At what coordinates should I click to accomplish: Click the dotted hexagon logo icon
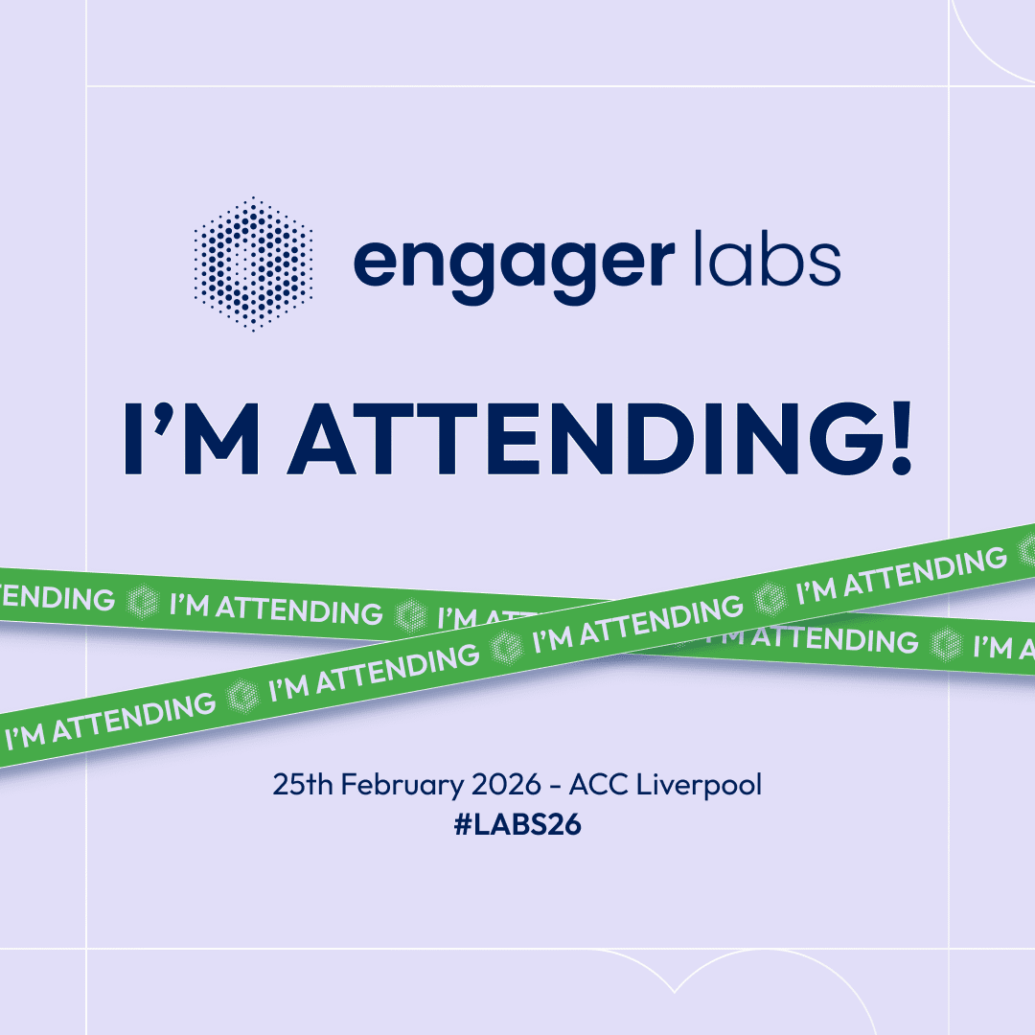253,264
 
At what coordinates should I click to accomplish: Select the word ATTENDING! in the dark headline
599,438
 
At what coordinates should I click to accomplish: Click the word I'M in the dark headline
192,438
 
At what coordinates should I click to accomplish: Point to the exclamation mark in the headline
901,438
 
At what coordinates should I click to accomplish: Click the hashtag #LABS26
517,824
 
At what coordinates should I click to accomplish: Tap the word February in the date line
402,786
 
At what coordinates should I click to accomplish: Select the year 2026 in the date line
506,785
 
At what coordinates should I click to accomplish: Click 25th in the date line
303,784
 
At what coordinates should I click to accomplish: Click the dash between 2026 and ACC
555,786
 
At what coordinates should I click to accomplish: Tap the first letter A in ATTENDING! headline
321,438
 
